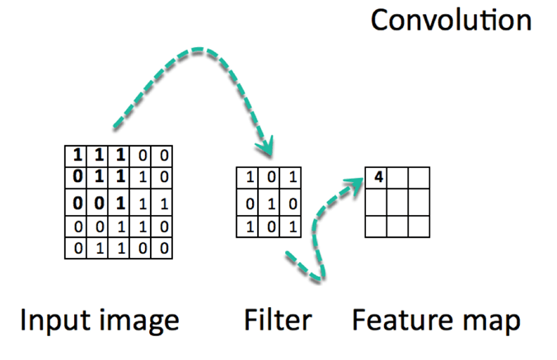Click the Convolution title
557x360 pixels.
point(451,20)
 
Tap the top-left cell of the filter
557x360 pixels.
point(249,177)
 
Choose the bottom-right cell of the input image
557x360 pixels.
point(165,247)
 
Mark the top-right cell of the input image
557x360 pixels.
point(165,154)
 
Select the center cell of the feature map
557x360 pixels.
point(398,201)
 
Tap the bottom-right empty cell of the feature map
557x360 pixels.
point(419,225)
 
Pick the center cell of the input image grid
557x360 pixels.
point(122,202)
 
